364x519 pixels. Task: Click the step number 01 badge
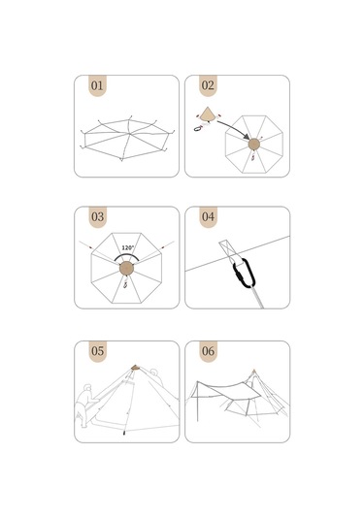[x=97, y=85]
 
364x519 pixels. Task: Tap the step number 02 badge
[x=208, y=85]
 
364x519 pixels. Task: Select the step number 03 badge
[x=97, y=216]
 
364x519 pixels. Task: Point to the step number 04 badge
[x=208, y=216]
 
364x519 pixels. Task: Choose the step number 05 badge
[x=97, y=351]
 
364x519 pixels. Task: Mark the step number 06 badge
[x=208, y=351]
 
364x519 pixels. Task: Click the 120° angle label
[x=128, y=247]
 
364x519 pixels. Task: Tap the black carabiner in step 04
[x=244, y=273]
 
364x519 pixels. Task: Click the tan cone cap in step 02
[x=208, y=114]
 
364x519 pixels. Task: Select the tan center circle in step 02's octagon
[x=254, y=144]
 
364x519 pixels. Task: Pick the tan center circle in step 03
[x=126, y=268]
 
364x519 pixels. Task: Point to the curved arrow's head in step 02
[x=246, y=137]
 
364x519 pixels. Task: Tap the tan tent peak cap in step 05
[x=135, y=367]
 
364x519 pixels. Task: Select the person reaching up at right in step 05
[x=156, y=376]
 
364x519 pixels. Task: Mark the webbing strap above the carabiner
[x=228, y=250]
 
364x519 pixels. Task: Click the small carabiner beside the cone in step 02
[x=198, y=128]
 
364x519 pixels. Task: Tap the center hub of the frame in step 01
[x=128, y=134]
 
